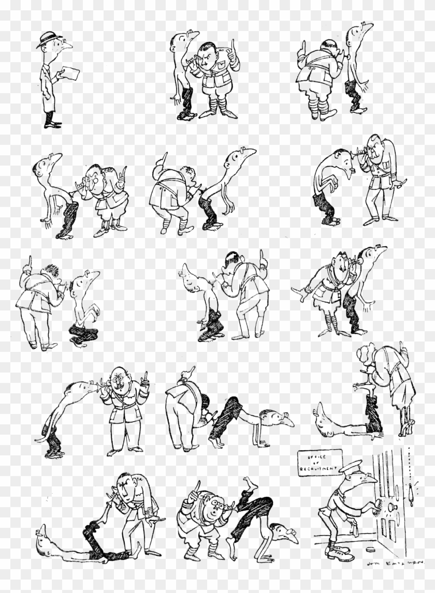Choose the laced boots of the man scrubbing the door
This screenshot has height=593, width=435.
[x=339, y=552]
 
